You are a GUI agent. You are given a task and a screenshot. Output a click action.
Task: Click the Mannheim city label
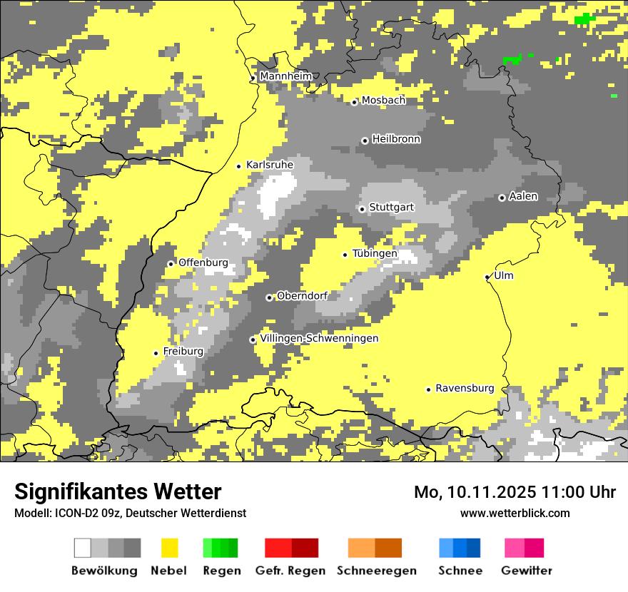(x=286, y=76)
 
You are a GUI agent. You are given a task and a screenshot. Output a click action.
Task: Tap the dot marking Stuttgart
(x=363, y=209)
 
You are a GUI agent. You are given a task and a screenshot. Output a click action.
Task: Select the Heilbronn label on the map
(x=396, y=139)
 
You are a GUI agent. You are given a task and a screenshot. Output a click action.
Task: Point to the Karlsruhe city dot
(x=239, y=166)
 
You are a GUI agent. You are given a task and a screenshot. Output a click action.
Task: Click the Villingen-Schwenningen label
(x=319, y=338)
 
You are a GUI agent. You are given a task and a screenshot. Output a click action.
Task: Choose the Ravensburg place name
(x=465, y=388)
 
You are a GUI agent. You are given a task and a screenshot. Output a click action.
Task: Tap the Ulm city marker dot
(x=487, y=277)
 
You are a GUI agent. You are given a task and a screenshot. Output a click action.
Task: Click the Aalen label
(x=523, y=196)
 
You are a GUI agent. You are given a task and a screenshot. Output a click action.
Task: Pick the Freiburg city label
(x=183, y=351)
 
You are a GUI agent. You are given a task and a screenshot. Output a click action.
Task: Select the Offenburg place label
(x=203, y=262)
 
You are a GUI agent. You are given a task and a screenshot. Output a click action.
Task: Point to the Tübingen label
(x=375, y=253)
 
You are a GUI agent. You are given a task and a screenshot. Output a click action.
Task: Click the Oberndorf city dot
(x=269, y=297)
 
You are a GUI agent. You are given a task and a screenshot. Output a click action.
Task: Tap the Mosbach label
(x=383, y=101)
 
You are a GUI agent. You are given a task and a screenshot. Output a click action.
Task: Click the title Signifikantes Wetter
(x=118, y=491)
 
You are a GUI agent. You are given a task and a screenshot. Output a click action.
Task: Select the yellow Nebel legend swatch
(x=170, y=548)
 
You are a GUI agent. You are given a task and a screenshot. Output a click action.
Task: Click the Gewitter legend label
(x=527, y=571)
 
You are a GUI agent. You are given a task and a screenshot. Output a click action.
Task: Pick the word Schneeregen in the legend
(x=377, y=571)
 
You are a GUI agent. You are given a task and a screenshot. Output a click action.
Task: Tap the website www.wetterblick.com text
(x=515, y=513)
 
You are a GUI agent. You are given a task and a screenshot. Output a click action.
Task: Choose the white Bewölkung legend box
(x=83, y=548)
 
